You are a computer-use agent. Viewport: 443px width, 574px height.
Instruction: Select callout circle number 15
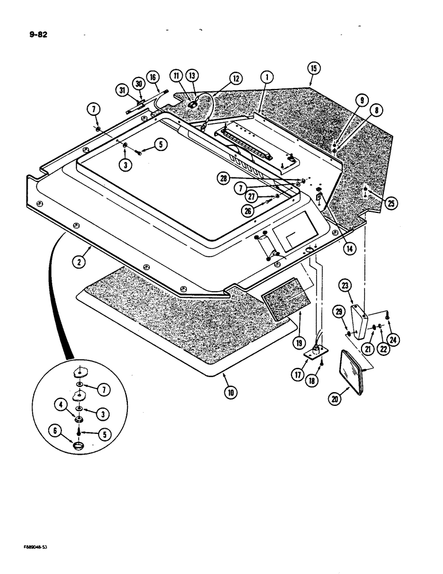pos(313,68)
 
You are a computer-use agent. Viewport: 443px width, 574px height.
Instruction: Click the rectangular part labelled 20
pos(354,373)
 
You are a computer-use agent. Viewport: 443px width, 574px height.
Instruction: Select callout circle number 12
pos(236,77)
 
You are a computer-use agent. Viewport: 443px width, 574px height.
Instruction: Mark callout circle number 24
pos(394,339)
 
